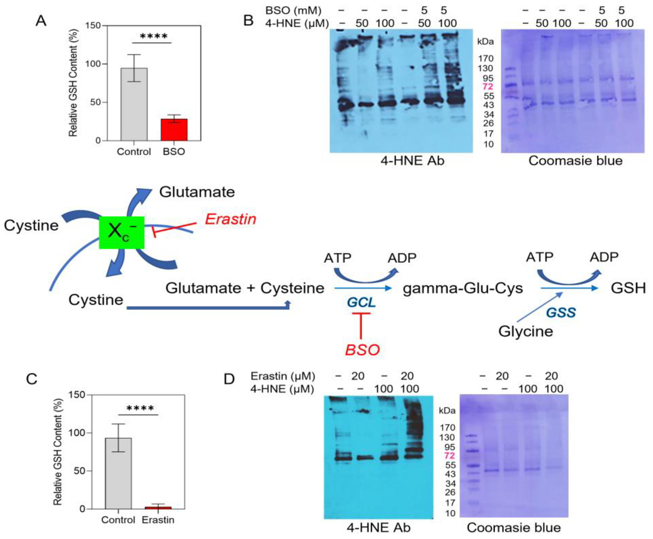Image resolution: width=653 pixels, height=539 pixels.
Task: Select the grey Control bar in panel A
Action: pos(134,104)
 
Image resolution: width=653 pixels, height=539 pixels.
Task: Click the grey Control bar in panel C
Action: pos(118,473)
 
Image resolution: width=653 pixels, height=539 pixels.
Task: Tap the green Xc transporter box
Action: pos(122,232)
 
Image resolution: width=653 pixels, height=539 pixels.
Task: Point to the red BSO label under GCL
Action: pos(362,350)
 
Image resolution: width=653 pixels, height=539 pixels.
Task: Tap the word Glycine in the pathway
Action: pos(526,331)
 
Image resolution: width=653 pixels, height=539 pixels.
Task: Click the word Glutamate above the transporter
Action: pos(197,192)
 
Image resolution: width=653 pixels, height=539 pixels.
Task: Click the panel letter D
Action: pos(229,379)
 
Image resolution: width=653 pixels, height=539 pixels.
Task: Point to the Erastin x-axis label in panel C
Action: pos(158,520)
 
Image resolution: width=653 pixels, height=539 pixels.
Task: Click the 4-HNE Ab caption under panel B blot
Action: pos(412,161)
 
